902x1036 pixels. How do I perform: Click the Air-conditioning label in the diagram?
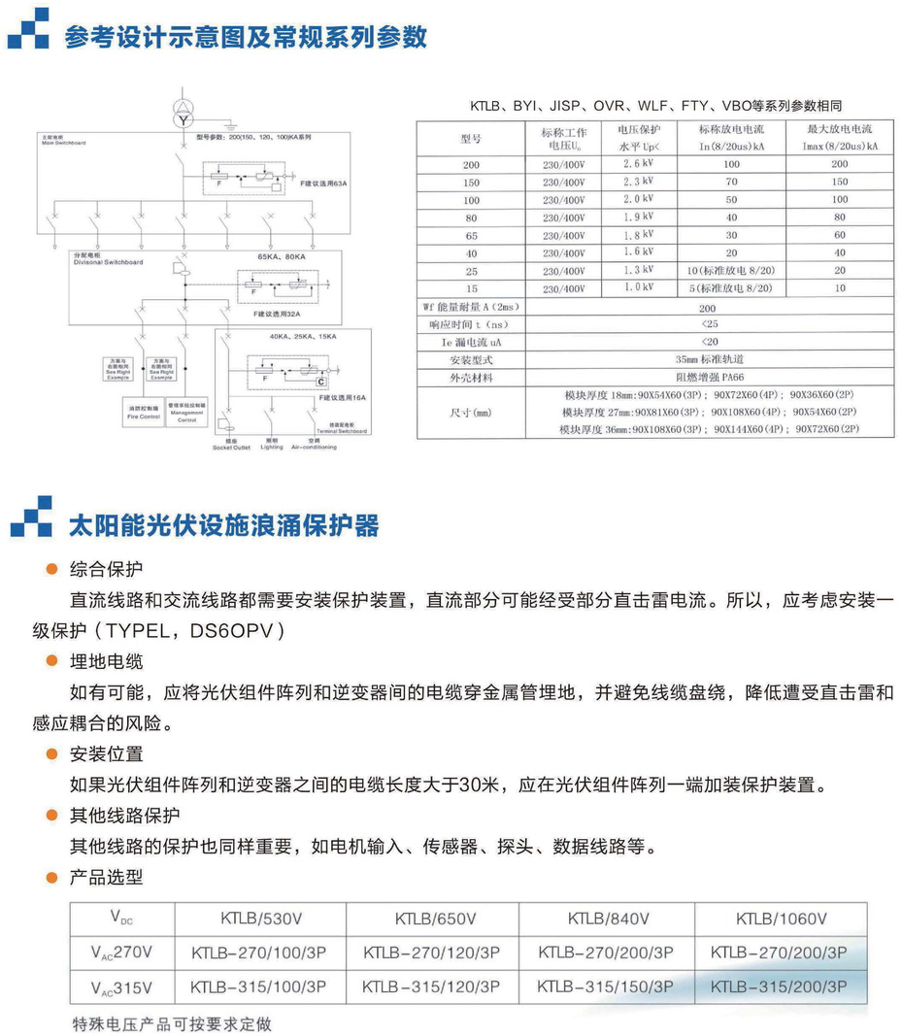pos(313,447)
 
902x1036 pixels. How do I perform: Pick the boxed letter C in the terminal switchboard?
pos(319,383)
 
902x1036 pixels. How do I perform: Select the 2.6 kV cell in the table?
pos(638,164)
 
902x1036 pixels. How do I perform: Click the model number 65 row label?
pos(471,235)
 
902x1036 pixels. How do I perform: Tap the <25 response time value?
pos(709,324)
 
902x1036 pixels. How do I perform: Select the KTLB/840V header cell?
pos(608,919)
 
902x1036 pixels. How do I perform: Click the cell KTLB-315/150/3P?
pos(606,986)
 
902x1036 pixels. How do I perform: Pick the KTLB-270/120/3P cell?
pos(432,952)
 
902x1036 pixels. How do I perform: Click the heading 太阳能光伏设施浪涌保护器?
pos(223,525)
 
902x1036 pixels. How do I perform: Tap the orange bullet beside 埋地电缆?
pos(52,662)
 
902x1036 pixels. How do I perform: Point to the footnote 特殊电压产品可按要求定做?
pos(172,1023)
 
